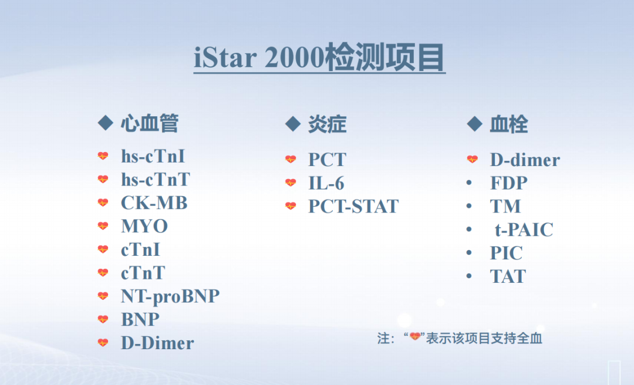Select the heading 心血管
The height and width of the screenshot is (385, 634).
coord(149,124)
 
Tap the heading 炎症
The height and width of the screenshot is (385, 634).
coord(327,124)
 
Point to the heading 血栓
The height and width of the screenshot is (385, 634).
coord(508,124)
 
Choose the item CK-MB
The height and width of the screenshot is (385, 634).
coord(154,203)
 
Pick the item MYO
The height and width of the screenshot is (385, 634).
coord(144,227)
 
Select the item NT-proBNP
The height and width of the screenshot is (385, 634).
coord(170,296)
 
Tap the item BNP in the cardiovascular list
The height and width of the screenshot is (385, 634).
coord(140,319)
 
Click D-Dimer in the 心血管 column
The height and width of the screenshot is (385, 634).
coord(157,343)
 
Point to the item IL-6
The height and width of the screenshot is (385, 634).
coord(326,183)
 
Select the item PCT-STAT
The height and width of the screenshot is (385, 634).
coord(353,207)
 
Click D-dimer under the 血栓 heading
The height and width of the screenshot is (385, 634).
coord(525,160)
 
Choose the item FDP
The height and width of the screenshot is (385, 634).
coord(509,183)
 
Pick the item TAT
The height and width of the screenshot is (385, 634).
coord(508,276)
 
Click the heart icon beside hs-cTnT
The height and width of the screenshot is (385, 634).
coord(103,180)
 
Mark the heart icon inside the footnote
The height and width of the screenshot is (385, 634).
coord(416,337)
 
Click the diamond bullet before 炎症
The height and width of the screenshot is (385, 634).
coord(292,124)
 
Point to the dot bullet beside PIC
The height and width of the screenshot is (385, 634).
coord(469,253)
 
